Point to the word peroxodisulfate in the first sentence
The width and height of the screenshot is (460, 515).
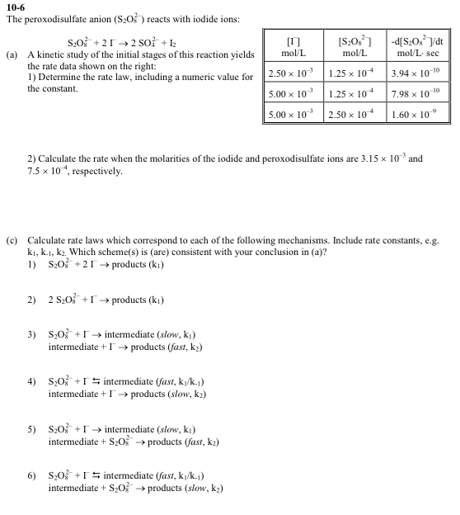[51, 18]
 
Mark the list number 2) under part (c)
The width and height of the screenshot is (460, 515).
[32, 300]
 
